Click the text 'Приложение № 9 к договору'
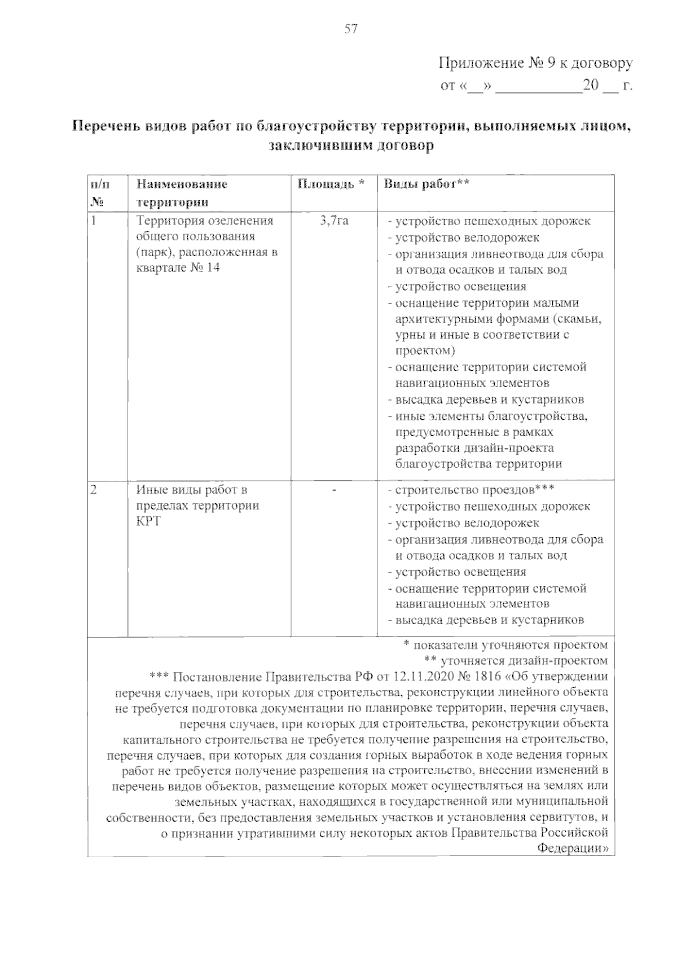point(535,63)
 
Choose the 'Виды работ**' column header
point(427,184)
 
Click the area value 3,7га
point(334,221)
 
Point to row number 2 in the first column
point(94,490)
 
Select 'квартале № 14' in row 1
point(178,267)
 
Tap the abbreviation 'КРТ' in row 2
point(148,521)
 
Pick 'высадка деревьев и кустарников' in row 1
point(489,400)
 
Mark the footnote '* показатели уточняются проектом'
point(506,644)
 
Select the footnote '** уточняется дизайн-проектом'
point(515,660)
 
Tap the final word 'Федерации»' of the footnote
point(573,848)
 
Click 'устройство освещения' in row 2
point(460,572)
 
